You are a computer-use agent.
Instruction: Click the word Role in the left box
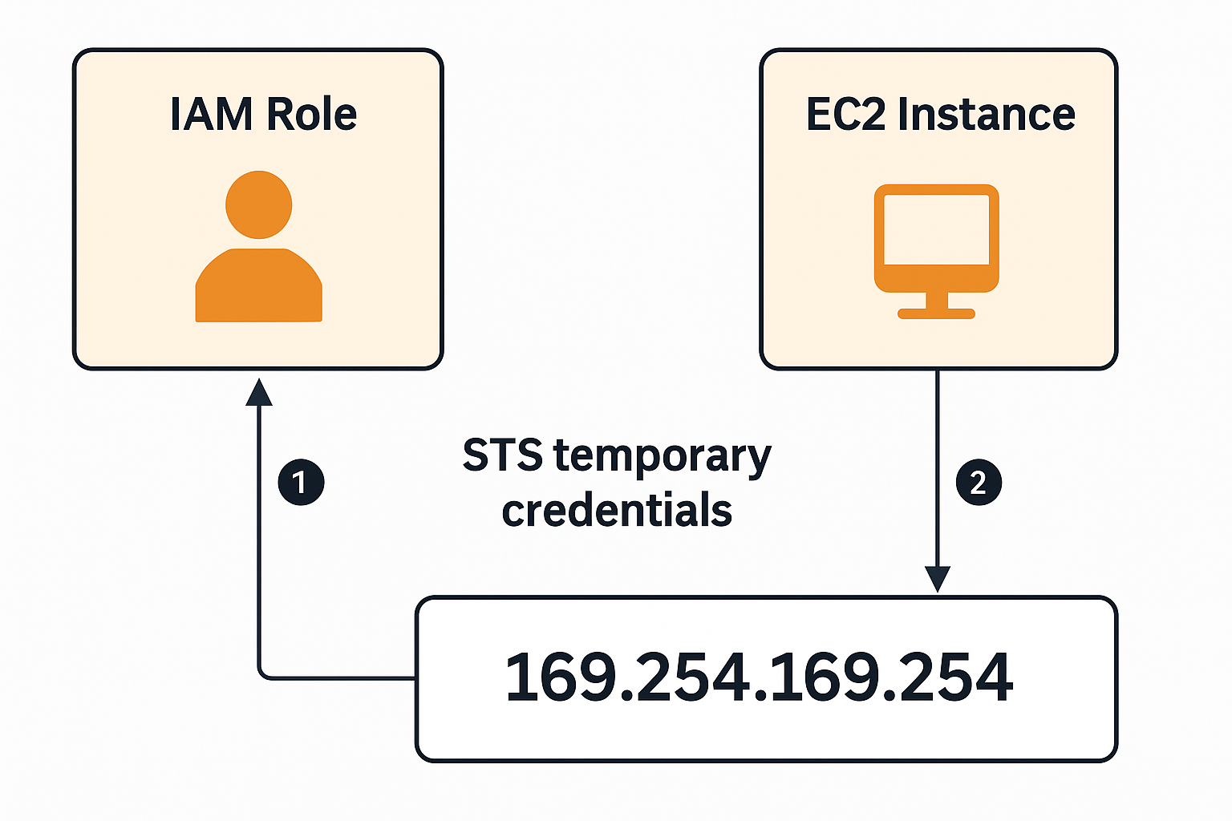pyautogui.click(x=311, y=114)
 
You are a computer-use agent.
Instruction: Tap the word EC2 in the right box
pyautogui.click(x=845, y=114)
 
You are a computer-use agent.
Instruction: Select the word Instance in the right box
pyautogui.click(x=986, y=114)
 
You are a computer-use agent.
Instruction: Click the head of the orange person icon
pyautogui.click(x=258, y=204)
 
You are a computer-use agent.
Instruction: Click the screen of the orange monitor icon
pyautogui.click(x=936, y=229)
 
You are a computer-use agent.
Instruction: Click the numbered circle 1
pyautogui.click(x=301, y=483)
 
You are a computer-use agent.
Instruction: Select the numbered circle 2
pyautogui.click(x=979, y=483)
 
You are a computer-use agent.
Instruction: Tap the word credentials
pyautogui.click(x=617, y=512)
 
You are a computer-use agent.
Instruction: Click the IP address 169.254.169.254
pyautogui.click(x=759, y=677)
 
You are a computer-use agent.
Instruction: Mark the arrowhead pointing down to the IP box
pyautogui.click(x=937, y=579)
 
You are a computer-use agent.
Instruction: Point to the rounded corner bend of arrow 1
pyautogui.click(x=262, y=674)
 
